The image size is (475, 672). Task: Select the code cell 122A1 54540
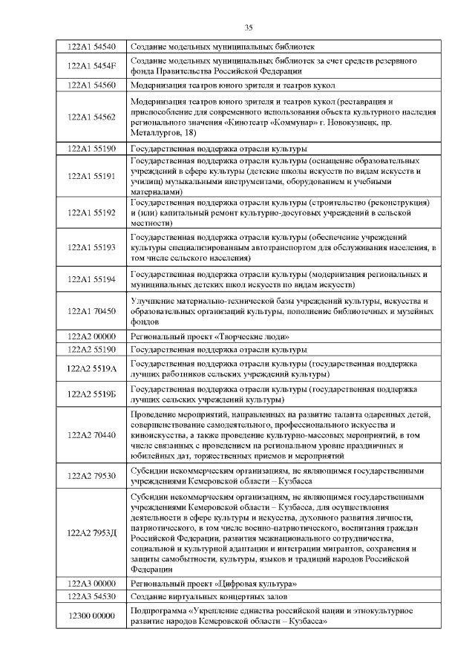pos(91,46)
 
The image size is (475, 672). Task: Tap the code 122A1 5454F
pos(91,65)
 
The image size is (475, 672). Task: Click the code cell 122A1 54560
pos(91,85)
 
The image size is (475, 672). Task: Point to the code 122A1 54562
pos(91,117)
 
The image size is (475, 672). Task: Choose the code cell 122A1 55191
pos(91,176)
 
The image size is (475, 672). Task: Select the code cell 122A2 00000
pos(91,336)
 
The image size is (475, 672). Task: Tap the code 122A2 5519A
pos(91,368)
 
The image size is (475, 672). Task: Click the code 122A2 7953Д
pos(91,532)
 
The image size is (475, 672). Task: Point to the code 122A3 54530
pos(91,596)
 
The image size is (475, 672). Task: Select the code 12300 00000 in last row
pos(91,616)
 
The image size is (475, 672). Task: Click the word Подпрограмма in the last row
pos(157,610)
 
